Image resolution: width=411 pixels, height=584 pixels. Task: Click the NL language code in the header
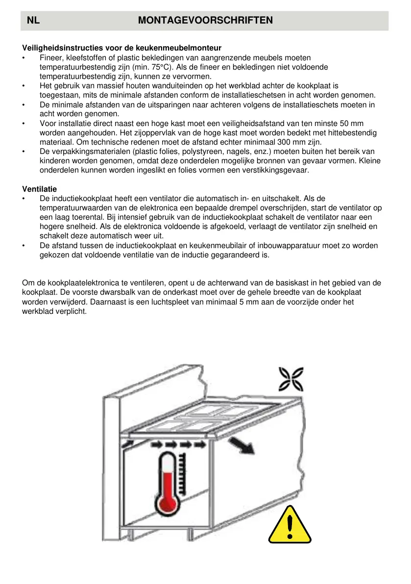click(33, 21)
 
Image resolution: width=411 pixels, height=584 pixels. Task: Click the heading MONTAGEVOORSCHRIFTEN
click(205, 21)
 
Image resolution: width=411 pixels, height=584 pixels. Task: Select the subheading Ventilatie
click(39, 189)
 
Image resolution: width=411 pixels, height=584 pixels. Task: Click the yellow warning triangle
click(290, 526)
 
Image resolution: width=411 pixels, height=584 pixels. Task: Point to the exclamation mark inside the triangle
click(290, 528)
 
